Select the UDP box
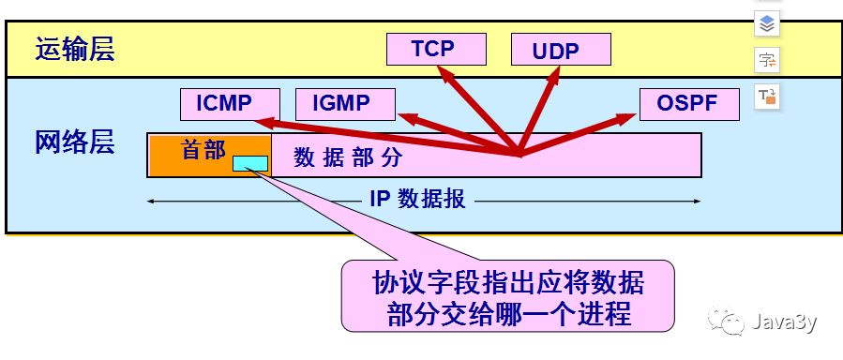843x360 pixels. [x=561, y=50]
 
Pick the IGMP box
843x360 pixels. [x=344, y=103]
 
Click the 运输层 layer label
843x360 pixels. [x=75, y=50]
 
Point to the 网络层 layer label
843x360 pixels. [x=75, y=143]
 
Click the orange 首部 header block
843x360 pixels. [x=203, y=150]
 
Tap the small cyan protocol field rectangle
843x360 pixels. [x=250, y=164]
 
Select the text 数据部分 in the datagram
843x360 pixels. [x=348, y=157]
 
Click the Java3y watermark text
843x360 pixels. [x=783, y=323]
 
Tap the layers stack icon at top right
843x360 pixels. [x=767, y=23]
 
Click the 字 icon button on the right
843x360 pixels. [x=767, y=61]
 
